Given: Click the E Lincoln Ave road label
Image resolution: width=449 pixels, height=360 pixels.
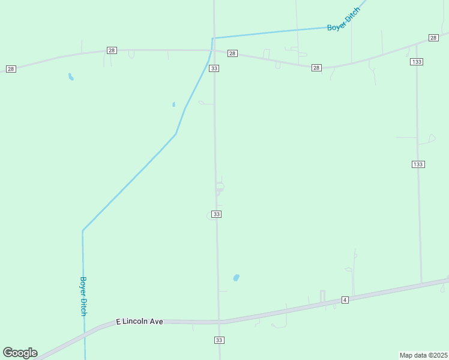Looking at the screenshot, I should click(x=139, y=322).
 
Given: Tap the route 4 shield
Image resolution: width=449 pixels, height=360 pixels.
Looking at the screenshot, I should click(x=345, y=299).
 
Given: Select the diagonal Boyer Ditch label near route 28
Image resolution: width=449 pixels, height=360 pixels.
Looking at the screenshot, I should click(x=344, y=20).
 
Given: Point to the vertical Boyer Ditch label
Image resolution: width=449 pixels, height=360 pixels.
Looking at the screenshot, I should click(x=84, y=296).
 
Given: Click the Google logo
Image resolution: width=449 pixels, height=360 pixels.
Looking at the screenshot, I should click(x=20, y=353).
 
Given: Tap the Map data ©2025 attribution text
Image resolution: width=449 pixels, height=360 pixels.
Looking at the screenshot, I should click(x=423, y=355).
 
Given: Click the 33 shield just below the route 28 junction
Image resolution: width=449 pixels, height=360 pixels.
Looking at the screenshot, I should click(x=214, y=68).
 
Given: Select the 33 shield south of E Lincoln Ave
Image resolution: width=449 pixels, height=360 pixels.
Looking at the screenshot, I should click(x=218, y=340).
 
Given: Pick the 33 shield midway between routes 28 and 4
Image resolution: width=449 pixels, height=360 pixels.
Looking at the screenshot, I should click(x=217, y=214).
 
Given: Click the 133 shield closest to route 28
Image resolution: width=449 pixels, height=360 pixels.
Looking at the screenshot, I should click(x=417, y=62).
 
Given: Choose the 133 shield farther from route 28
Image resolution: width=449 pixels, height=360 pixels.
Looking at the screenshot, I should click(x=418, y=164).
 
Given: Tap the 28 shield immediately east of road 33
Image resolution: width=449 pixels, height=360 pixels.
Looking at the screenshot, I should click(x=233, y=53).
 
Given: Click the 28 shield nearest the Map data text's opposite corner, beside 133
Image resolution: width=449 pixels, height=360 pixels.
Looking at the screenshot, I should click(x=433, y=38).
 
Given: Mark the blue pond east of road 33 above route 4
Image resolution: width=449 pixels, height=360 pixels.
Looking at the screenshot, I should click(x=236, y=278).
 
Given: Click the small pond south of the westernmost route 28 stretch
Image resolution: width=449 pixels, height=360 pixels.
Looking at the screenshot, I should click(x=71, y=77).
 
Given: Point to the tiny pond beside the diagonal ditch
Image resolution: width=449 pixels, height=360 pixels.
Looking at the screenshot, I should click(x=173, y=104).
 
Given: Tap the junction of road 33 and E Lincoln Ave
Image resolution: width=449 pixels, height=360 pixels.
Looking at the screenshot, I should click(x=219, y=322).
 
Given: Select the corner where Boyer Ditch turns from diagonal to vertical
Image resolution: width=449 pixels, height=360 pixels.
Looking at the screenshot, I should click(x=83, y=230).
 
